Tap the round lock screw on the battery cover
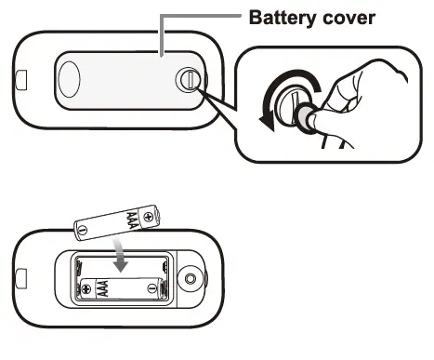click(x=188, y=81)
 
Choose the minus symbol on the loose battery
click(x=83, y=230)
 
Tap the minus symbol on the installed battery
click(x=153, y=289)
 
